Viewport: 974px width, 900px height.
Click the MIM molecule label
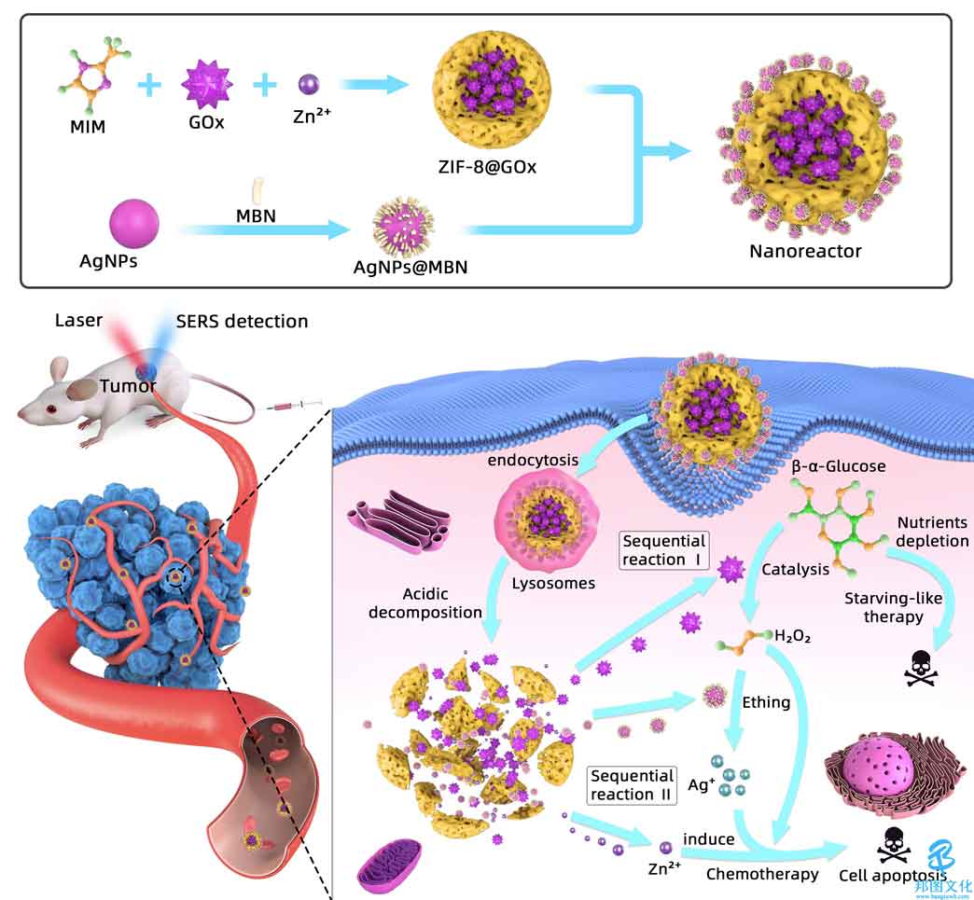pyautogui.click(x=88, y=127)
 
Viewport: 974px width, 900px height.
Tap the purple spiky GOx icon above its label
pyautogui.click(x=207, y=84)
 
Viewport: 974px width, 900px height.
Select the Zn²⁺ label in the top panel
pyautogui.click(x=312, y=116)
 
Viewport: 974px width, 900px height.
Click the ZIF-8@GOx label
pyautogui.click(x=487, y=166)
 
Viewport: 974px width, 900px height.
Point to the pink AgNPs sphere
pyautogui.click(x=134, y=224)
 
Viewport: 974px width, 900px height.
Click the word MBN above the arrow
pyautogui.click(x=256, y=216)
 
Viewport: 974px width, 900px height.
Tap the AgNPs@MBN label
pyautogui.click(x=410, y=267)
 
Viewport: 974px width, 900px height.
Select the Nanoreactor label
pyautogui.click(x=805, y=251)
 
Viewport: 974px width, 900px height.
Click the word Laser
pyautogui.click(x=78, y=321)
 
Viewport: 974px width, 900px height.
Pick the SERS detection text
pyautogui.click(x=243, y=321)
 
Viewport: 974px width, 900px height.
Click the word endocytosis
pyautogui.click(x=533, y=460)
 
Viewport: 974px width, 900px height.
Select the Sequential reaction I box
pyautogui.click(x=664, y=550)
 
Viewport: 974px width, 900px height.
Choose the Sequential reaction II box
pyautogui.click(x=632, y=785)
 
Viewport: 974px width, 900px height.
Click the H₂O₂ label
pyautogui.click(x=793, y=635)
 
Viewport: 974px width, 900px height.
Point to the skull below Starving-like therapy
pyautogui.click(x=922, y=669)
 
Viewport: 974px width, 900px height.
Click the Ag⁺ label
pyautogui.click(x=702, y=784)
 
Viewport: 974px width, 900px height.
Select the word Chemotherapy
pyautogui.click(x=762, y=875)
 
